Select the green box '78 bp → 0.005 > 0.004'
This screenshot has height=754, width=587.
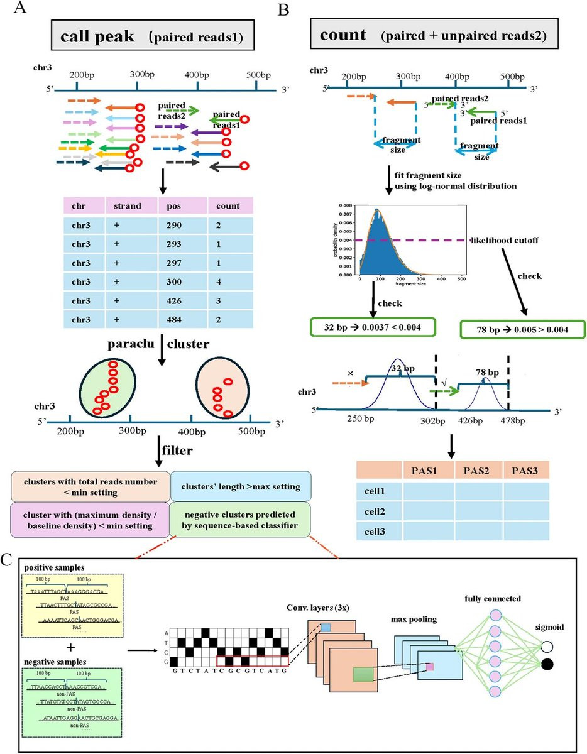click(523, 328)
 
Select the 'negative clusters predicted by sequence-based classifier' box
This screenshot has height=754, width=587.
click(247, 519)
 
